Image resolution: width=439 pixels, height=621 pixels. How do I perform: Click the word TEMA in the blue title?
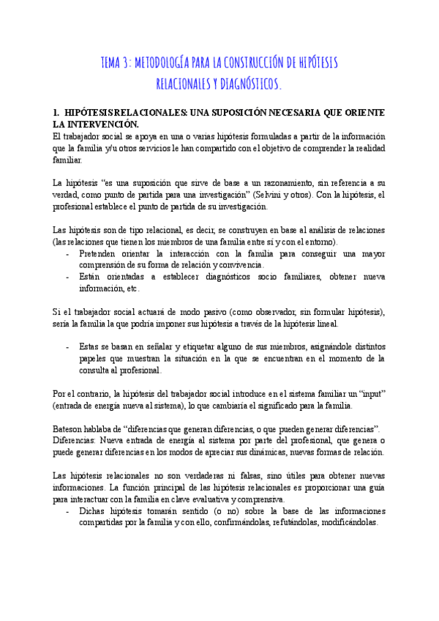(114, 63)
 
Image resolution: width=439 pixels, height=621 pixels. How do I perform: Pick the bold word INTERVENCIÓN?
(105, 125)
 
